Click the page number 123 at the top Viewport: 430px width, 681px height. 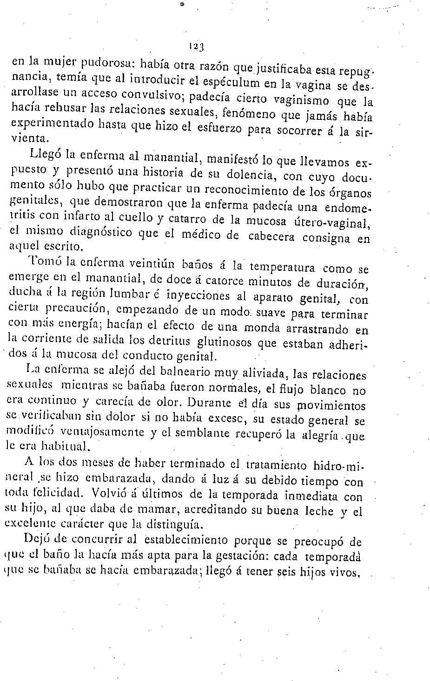pyautogui.click(x=197, y=46)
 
